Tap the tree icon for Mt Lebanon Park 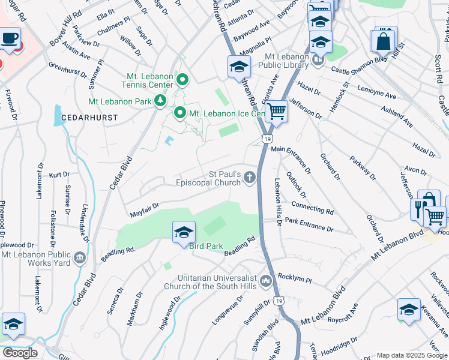[x=160, y=101]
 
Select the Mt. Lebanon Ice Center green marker [x=179, y=113]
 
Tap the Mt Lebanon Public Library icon [x=318, y=59]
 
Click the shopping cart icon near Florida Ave [x=276, y=110]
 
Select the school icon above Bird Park [x=184, y=232]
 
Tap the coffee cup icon [x=9, y=39]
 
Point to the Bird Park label [x=206, y=246]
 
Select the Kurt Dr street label [x=59, y=175]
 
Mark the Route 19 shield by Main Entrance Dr [x=265, y=139]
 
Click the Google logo [x=20, y=353]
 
